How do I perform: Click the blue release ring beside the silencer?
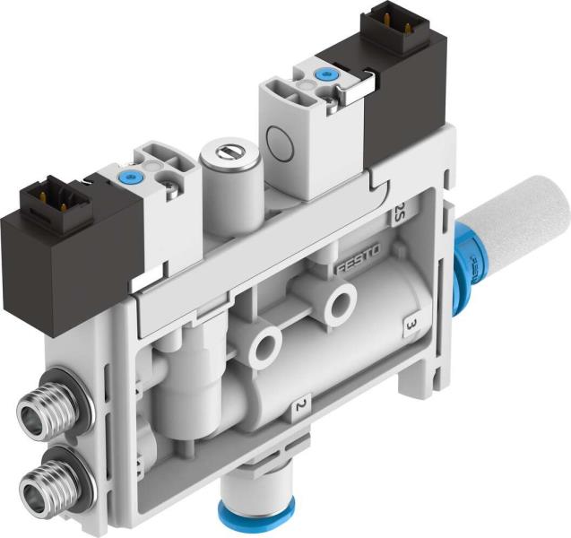[464, 260]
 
